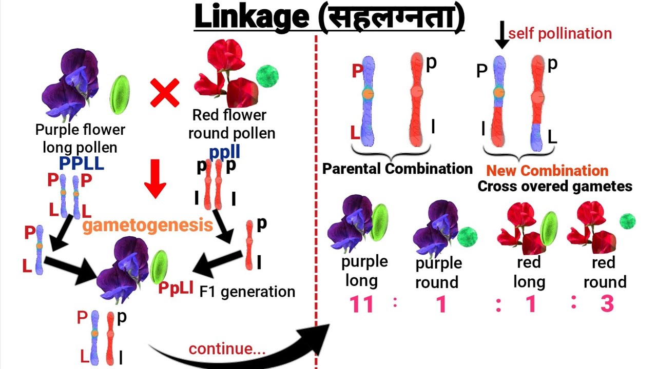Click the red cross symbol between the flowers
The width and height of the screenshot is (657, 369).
165,93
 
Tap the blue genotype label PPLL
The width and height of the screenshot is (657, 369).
81,163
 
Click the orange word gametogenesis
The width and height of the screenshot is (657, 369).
148,225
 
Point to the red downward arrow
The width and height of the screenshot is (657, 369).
154,178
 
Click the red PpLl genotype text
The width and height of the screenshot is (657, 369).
176,288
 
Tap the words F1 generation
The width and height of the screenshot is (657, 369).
247,292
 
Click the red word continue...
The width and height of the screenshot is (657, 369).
227,349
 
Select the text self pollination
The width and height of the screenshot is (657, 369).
560,34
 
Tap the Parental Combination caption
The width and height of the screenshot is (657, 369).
397,168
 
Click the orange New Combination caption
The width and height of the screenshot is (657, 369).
547,171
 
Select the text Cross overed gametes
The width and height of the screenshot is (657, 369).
554,186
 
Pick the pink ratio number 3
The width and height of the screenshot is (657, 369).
607,303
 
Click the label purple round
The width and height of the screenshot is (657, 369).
438,273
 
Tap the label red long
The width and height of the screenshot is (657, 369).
529,272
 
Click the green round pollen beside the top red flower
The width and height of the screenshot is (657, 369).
267,76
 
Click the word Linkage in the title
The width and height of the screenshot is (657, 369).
251,17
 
